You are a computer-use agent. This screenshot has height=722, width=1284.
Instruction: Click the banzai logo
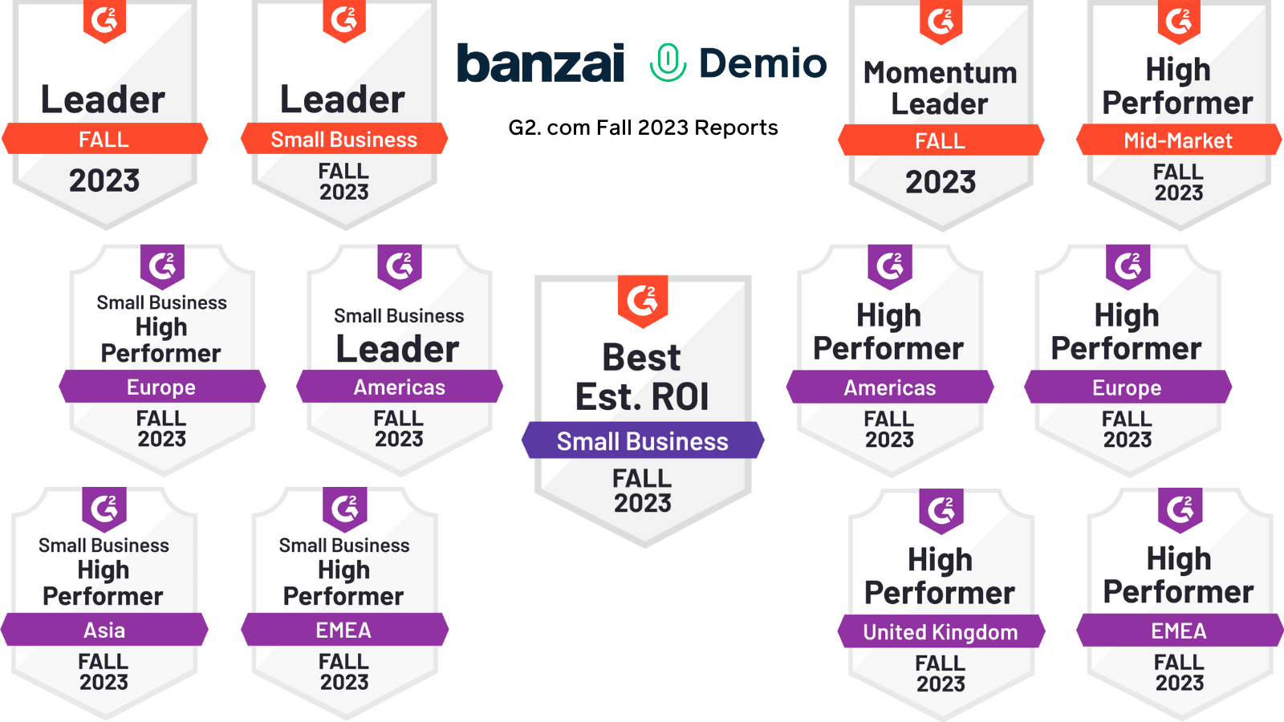click(x=541, y=63)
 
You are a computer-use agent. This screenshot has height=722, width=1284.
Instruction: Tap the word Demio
click(x=763, y=63)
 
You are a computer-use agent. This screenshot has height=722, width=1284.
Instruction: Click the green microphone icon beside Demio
click(x=668, y=63)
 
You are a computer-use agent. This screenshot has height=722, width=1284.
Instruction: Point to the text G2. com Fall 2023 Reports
click(x=643, y=128)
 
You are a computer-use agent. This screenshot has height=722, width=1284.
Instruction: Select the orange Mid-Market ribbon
click(x=1179, y=140)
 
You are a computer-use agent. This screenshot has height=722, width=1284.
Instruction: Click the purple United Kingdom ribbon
click(x=941, y=631)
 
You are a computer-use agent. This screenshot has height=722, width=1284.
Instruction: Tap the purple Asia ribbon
click(x=104, y=630)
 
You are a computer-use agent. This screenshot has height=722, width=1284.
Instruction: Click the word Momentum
click(x=940, y=73)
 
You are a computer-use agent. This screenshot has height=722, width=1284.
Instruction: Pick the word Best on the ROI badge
click(x=641, y=358)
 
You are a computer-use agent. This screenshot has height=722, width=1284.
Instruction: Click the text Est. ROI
click(x=642, y=396)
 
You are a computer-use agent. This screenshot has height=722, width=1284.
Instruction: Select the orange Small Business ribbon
click(x=344, y=139)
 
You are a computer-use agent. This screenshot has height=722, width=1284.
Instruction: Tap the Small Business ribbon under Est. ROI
click(x=643, y=440)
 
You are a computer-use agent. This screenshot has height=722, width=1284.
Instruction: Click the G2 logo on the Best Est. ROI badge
click(x=643, y=301)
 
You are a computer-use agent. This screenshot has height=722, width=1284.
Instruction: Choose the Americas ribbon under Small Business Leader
click(x=400, y=387)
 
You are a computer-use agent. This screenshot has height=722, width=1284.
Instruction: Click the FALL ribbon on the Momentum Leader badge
click(x=941, y=140)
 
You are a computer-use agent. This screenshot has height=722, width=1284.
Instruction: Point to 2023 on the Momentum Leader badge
click(x=941, y=182)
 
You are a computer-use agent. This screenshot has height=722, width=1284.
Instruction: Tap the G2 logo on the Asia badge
click(x=104, y=509)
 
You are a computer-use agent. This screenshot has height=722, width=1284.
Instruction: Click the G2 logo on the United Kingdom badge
click(x=941, y=510)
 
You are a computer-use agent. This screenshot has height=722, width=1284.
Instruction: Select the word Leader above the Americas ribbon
click(x=398, y=349)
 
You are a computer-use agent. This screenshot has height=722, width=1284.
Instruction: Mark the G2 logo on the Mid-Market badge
click(x=1179, y=21)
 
